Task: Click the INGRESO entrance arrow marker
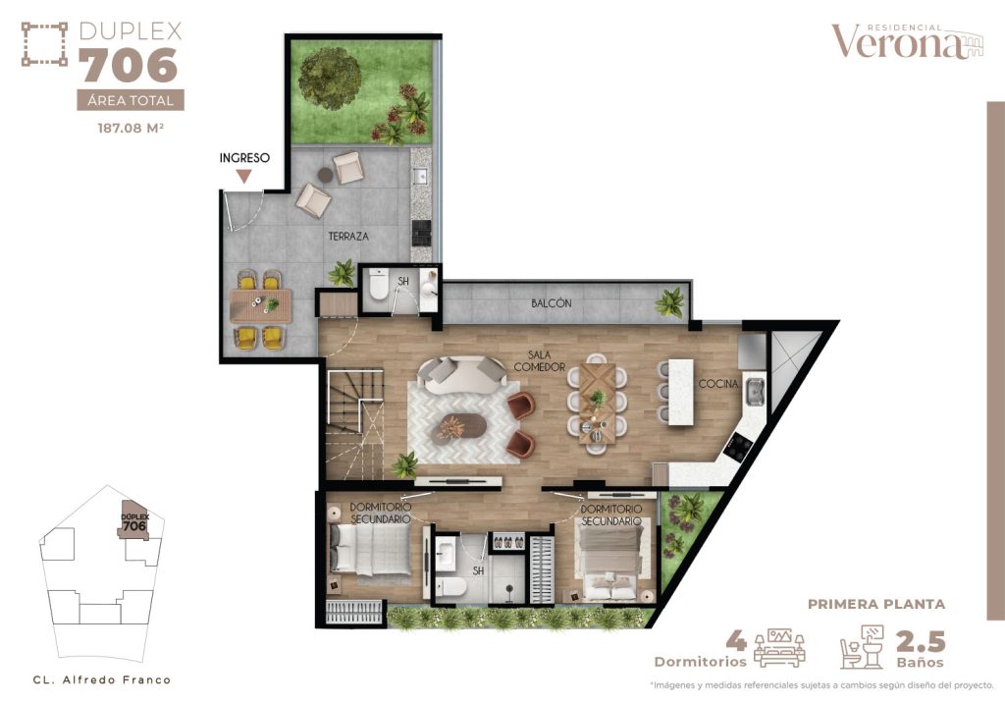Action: [x=243, y=176]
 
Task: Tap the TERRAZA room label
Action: [x=348, y=237]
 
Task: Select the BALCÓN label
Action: [x=551, y=303]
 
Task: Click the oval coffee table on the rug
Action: [x=460, y=426]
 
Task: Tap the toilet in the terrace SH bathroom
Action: [x=378, y=290]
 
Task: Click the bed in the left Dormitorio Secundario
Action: [x=371, y=549]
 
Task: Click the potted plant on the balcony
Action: [x=671, y=300]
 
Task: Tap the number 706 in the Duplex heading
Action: [x=129, y=67]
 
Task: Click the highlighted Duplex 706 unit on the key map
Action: [x=133, y=525]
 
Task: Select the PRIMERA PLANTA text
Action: [x=875, y=604]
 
